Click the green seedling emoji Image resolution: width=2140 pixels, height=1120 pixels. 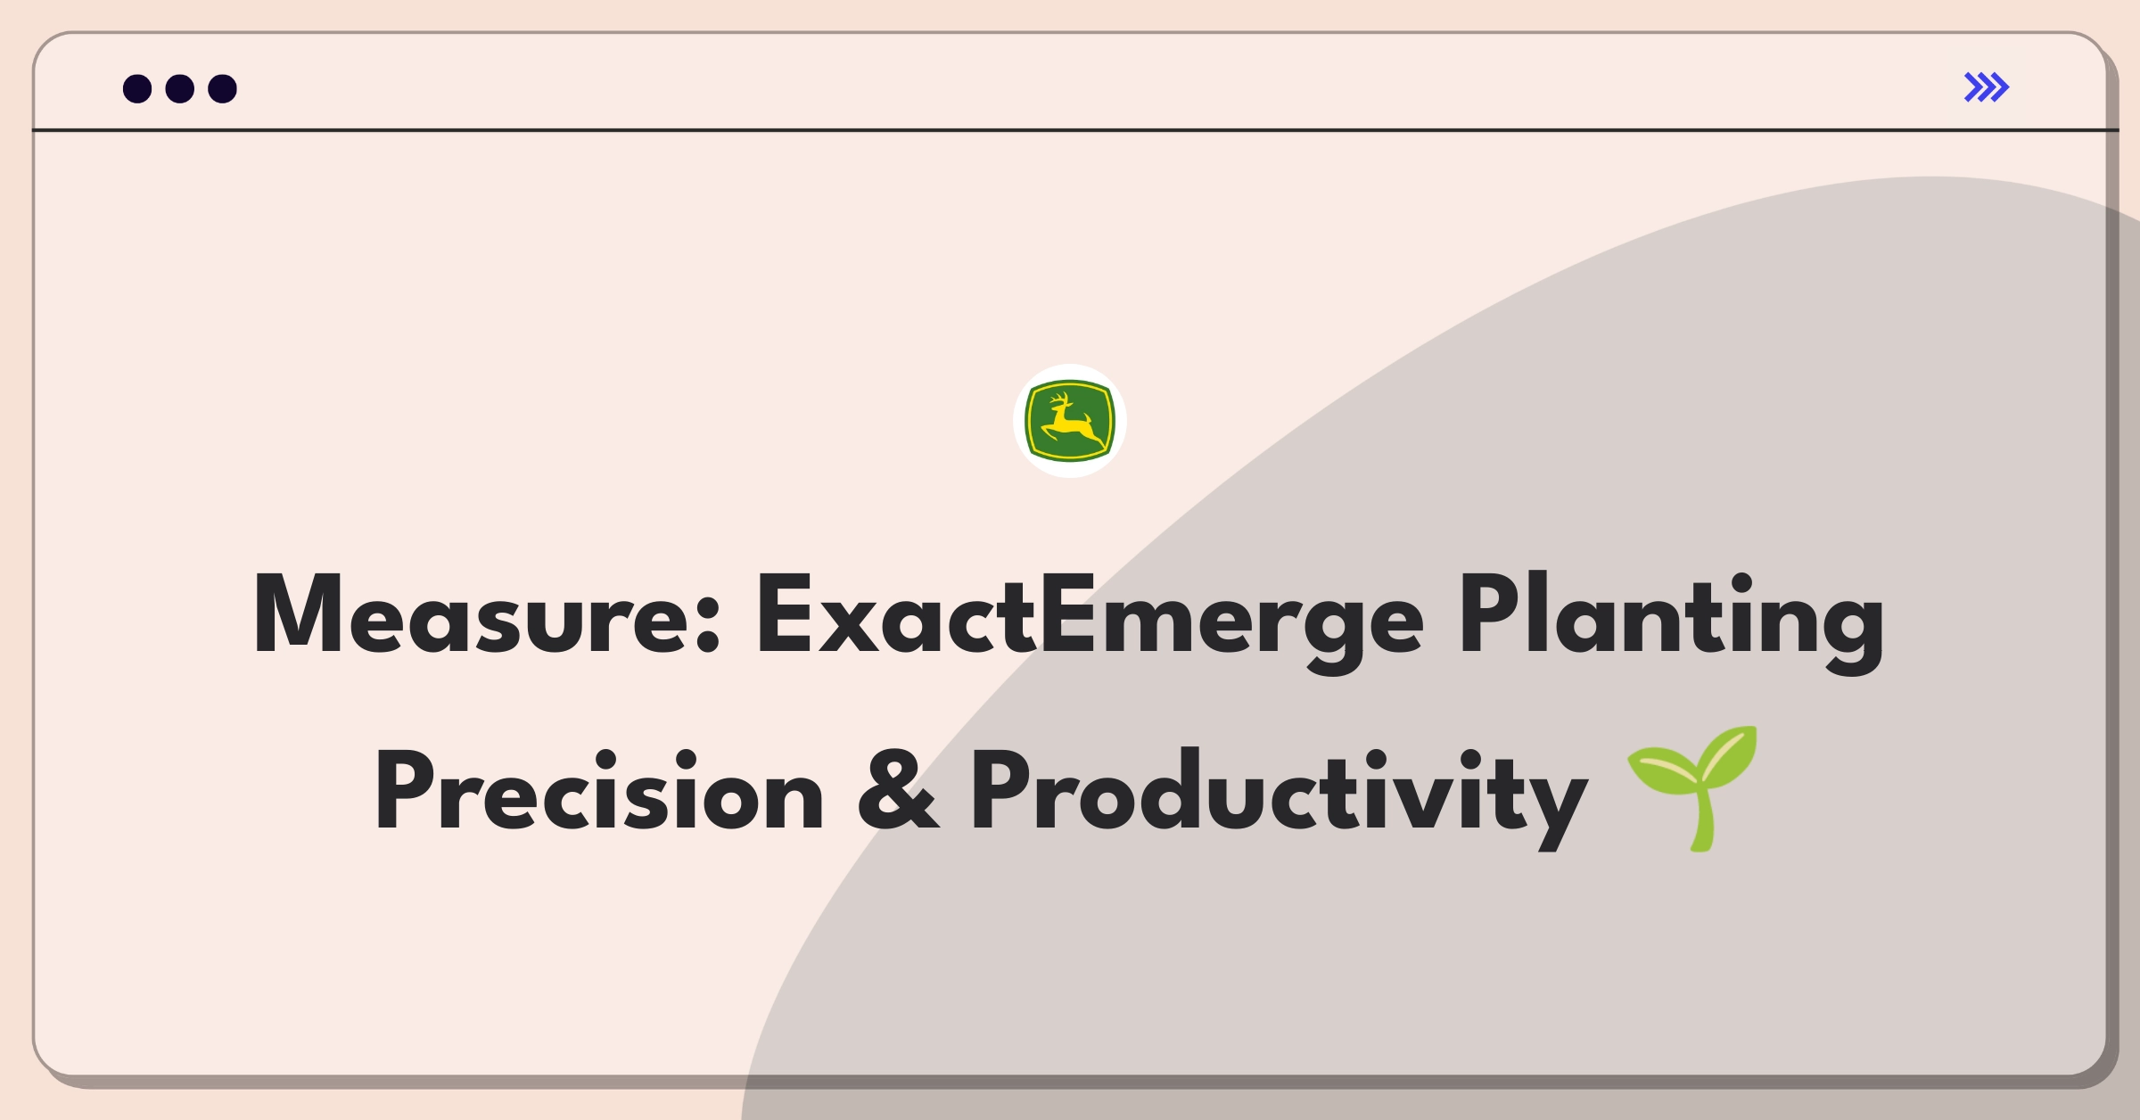[1692, 788]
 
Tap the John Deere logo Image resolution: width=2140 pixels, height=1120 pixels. [1070, 421]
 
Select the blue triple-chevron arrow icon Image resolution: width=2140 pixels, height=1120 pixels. [1987, 87]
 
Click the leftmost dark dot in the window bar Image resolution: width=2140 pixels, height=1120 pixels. [137, 88]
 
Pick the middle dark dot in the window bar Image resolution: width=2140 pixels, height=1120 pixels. [180, 88]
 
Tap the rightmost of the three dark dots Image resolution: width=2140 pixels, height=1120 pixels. [222, 88]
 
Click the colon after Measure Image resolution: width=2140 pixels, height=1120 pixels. [707, 625]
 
